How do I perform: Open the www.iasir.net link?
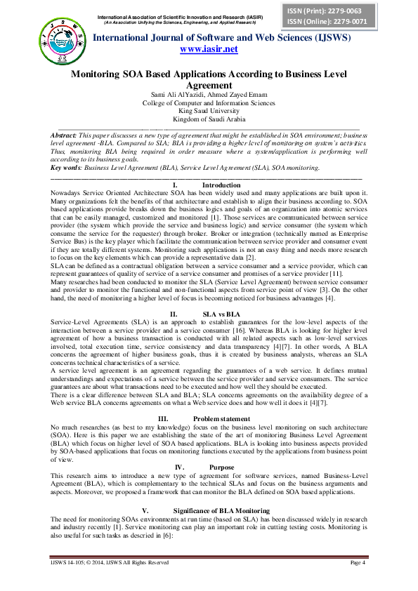209,48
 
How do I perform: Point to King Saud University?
209,111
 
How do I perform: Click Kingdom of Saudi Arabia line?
209,119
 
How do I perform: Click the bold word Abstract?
64,134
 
